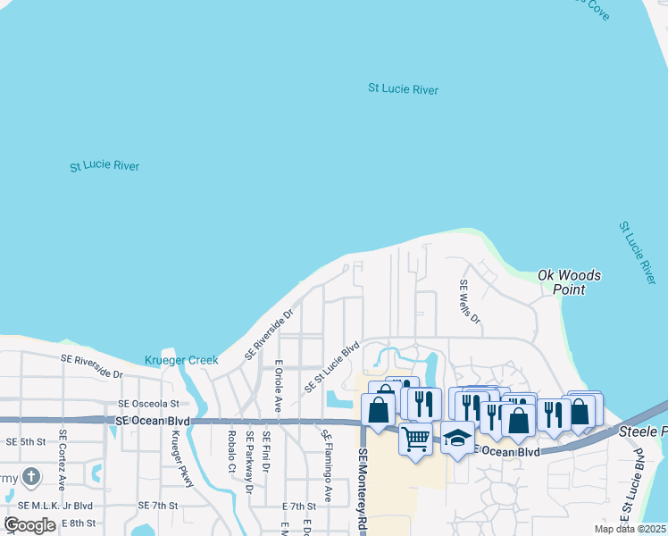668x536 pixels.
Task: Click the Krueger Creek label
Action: point(181,361)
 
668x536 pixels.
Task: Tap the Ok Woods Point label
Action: point(569,282)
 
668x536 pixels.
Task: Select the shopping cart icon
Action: point(415,440)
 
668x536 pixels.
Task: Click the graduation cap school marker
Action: point(457,438)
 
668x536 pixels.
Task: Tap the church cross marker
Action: point(31,476)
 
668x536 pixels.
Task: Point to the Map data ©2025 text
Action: point(630,529)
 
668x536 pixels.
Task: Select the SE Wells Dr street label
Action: point(470,302)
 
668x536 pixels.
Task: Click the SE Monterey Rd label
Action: point(363,490)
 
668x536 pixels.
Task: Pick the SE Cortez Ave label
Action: point(63,460)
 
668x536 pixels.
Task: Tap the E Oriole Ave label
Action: point(279,385)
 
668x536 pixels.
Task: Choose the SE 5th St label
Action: point(25,441)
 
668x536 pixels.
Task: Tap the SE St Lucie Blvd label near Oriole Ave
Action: point(331,366)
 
